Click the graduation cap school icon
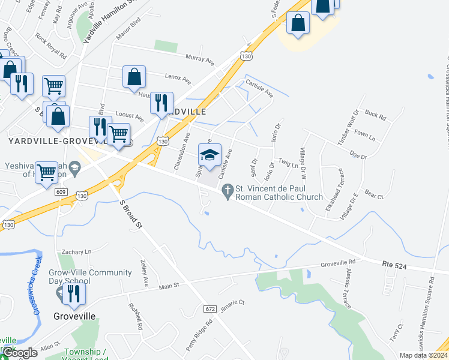pos(210,155)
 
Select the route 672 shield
pos(209,308)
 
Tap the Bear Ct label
pos(373,195)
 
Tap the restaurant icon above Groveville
pos(74,294)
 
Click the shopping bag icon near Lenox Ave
pos(134,77)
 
